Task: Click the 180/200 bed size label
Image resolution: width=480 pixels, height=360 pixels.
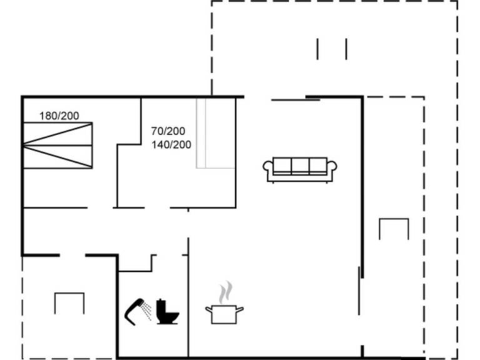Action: (x=59, y=116)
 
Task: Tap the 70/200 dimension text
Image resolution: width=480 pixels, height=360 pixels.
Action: (x=168, y=131)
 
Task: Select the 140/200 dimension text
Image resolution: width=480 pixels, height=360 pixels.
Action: (x=171, y=144)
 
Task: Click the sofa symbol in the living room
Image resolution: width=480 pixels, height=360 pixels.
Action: (x=300, y=170)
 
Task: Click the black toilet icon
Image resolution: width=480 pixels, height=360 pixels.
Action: (x=167, y=311)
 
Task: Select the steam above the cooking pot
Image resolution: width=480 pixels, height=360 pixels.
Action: (x=226, y=292)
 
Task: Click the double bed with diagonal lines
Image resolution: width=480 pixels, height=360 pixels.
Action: (x=58, y=146)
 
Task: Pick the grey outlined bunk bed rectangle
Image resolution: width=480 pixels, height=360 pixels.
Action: (x=216, y=133)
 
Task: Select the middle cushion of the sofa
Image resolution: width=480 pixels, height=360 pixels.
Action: (x=300, y=166)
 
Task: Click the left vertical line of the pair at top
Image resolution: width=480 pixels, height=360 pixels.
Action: (x=317, y=49)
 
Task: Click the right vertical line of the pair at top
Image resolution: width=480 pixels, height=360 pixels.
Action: (x=346, y=49)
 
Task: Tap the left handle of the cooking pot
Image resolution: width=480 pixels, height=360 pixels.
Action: (x=209, y=309)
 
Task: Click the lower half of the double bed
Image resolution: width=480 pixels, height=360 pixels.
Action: (x=58, y=157)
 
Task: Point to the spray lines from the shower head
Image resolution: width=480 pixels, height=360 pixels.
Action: (x=147, y=311)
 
